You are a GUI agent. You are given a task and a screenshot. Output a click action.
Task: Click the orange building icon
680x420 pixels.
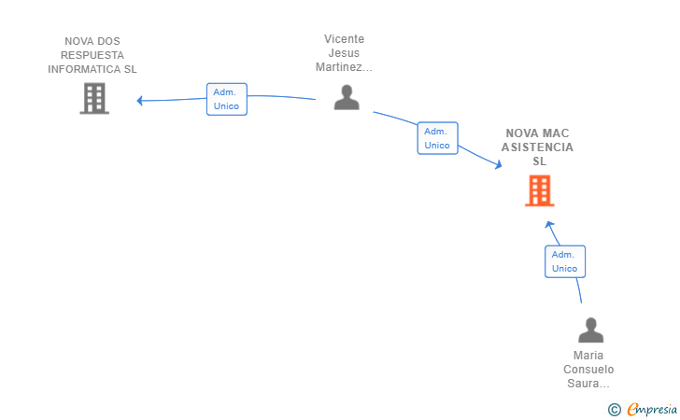click(x=540, y=190)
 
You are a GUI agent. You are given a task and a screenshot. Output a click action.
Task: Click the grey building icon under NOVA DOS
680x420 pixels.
click(x=94, y=98)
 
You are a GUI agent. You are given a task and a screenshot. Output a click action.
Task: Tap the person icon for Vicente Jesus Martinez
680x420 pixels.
click(x=347, y=97)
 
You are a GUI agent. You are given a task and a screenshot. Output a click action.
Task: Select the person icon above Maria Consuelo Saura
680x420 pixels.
click(x=590, y=330)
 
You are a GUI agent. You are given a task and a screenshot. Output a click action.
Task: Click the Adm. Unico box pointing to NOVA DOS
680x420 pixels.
click(x=227, y=99)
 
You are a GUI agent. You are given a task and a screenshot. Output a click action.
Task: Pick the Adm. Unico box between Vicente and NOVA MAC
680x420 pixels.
click(x=437, y=138)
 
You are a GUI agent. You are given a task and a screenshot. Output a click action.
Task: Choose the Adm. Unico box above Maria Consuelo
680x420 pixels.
click(x=565, y=261)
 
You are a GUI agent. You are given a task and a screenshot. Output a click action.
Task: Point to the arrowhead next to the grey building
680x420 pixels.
click(x=140, y=101)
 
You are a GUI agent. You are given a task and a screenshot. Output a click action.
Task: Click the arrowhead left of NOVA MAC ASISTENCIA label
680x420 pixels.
click(x=498, y=164)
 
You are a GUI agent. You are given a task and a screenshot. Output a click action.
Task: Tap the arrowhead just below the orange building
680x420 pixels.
click(x=549, y=225)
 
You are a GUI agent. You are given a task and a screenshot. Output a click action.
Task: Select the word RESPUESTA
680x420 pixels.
click(x=92, y=55)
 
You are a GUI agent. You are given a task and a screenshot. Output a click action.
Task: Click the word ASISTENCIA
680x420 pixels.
click(x=537, y=147)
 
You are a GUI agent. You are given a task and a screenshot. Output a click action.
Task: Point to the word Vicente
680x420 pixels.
click(x=345, y=39)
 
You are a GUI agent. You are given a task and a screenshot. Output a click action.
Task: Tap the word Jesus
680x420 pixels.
click(x=344, y=53)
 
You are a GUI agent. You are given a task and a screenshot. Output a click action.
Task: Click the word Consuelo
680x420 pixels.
click(x=588, y=370)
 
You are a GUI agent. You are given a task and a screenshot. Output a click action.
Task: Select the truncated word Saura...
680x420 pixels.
click(x=588, y=384)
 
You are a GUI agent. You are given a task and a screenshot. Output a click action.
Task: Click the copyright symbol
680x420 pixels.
click(x=615, y=409)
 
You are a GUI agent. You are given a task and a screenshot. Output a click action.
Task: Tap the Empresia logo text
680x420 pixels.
click(x=652, y=409)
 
